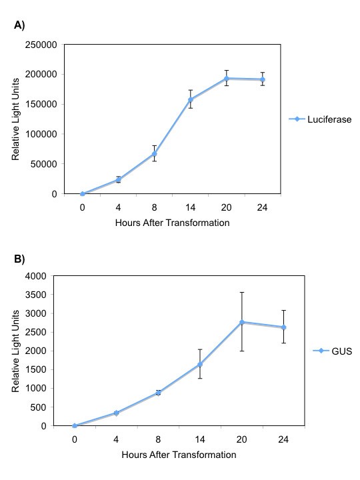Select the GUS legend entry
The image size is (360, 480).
coord(331,351)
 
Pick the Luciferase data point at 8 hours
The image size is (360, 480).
coord(154,153)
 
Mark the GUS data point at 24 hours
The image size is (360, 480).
coord(283,327)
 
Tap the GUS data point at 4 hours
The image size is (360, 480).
coord(117,413)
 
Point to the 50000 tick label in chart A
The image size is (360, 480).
coord(43,164)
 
